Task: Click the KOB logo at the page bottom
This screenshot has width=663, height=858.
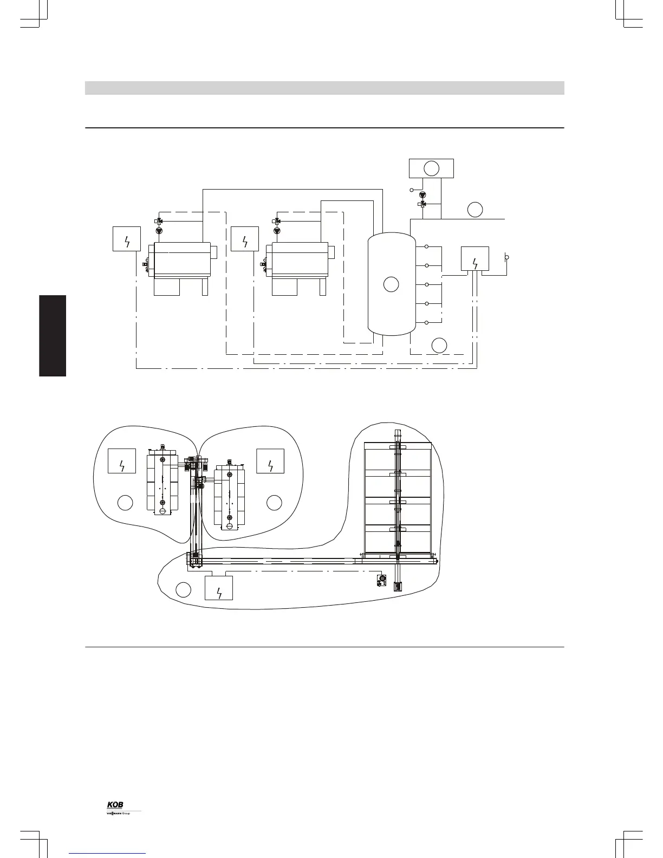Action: [115, 804]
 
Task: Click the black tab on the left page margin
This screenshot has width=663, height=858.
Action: [53, 335]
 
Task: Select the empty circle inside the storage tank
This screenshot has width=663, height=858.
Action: [391, 283]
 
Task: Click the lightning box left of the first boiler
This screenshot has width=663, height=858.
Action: [127, 239]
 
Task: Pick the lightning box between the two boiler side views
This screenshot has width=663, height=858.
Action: [245, 239]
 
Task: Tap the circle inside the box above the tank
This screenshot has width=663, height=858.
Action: [431, 168]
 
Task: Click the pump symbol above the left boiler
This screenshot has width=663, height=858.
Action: [159, 231]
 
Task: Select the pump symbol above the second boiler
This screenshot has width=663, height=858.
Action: [277, 231]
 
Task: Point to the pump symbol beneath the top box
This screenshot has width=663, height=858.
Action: [422, 194]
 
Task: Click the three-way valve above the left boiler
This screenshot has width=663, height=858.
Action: [159, 221]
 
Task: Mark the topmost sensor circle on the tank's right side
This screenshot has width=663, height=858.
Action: [427, 246]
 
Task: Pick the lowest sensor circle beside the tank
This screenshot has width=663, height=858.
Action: [427, 323]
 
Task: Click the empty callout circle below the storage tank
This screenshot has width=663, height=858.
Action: [439, 344]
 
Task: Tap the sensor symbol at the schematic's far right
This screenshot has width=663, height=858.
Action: [506, 257]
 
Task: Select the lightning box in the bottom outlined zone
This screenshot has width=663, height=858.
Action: [219, 588]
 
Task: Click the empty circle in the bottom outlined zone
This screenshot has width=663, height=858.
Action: [184, 589]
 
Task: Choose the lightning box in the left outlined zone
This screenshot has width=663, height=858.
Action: [122, 461]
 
